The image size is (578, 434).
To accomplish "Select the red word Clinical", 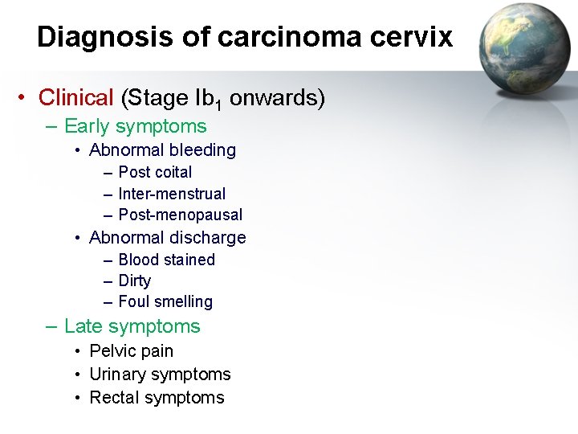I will click(x=76, y=98).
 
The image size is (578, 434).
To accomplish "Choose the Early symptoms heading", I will click(x=135, y=126).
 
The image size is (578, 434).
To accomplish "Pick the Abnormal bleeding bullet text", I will click(x=162, y=150).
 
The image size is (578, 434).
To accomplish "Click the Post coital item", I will click(x=155, y=172).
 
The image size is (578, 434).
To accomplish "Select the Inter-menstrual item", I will click(x=172, y=194).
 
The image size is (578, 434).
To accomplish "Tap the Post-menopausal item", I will click(x=180, y=215).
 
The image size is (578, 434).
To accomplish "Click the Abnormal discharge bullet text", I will click(x=167, y=238).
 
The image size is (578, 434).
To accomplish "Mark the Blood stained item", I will click(x=166, y=260).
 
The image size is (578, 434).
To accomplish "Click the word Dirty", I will click(x=134, y=280).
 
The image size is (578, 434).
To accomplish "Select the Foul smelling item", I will click(x=165, y=302).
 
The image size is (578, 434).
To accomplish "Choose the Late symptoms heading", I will click(x=132, y=326).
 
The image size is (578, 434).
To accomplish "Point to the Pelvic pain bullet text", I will click(x=131, y=351).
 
